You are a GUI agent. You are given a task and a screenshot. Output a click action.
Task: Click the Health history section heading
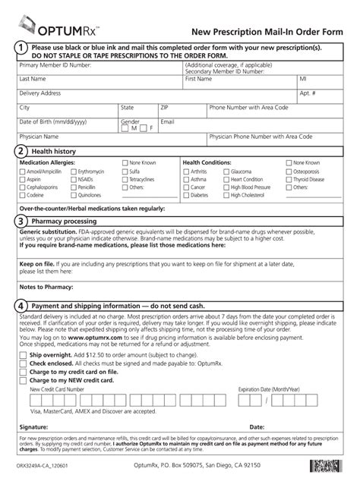[58, 152]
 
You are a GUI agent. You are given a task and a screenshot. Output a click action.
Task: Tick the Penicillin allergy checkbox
[73, 186]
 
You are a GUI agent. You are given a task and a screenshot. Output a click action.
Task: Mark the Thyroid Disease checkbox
[288, 178]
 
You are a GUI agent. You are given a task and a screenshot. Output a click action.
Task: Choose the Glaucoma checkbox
[226, 171]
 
